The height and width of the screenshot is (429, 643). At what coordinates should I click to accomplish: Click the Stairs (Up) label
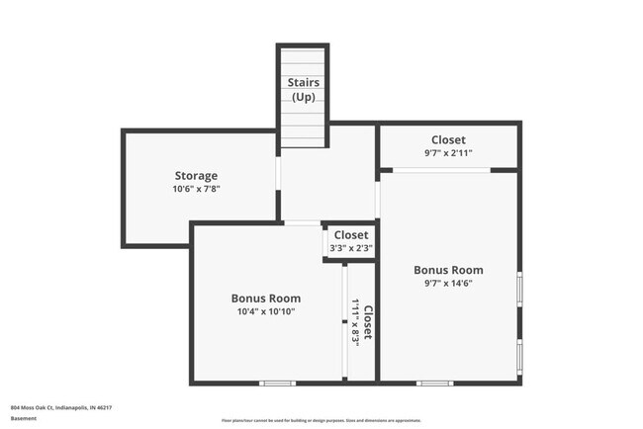(303, 89)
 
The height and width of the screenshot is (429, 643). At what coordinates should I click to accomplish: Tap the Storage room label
(196, 176)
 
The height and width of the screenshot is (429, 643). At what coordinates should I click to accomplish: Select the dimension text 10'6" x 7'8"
(196, 189)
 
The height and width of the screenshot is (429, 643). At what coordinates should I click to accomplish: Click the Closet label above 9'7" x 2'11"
(448, 140)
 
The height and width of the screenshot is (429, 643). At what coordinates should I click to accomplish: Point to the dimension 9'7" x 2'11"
(448, 153)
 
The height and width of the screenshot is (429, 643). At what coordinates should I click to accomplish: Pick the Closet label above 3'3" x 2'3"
(350, 235)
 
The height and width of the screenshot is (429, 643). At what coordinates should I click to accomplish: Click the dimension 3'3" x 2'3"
(350, 248)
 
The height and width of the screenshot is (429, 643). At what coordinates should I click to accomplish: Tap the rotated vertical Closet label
(367, 322)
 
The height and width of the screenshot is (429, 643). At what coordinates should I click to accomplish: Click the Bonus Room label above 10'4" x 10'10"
(266, 298)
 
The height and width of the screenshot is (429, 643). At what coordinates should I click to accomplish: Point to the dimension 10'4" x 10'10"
(266, 311)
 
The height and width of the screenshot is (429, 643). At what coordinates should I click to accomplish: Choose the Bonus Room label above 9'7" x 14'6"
(448, 270)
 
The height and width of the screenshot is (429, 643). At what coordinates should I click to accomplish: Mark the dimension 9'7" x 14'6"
(448, 284)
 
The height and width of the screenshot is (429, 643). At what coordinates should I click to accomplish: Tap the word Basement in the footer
(24, 418)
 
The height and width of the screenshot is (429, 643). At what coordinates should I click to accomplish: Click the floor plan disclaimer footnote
(321, 420)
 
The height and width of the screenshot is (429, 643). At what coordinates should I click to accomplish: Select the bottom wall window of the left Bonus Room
(277, 383)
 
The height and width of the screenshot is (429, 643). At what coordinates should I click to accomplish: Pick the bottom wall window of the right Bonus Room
(434, 383)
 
